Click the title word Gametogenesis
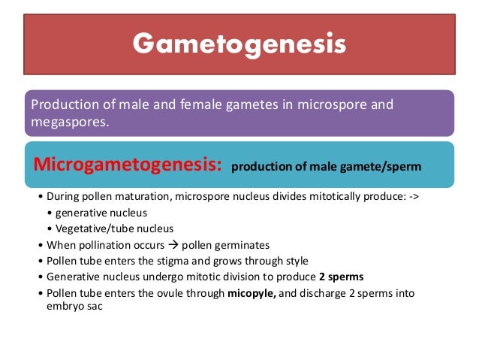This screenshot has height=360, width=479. click(x=239, y=44)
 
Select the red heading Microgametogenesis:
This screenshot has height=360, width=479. click(x=125, y=165)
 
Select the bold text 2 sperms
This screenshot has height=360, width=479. click(x=336, y=276)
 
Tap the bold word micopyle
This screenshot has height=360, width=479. click(x=255, y=292)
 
